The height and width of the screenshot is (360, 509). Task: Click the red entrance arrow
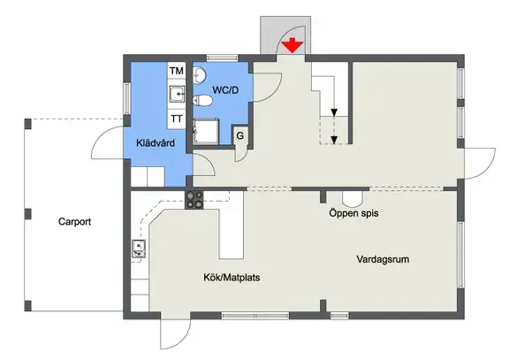click(x=292, y=45)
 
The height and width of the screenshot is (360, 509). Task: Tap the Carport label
click(x=74, y=222)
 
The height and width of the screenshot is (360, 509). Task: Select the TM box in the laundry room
click(x=177, y=71)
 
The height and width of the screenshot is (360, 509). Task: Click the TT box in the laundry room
click(x=177, y=119)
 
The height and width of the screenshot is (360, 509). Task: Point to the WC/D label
click(x=225, y=90)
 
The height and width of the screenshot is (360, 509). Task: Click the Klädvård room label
click(x=156, y=143)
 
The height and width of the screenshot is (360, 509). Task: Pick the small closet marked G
click(x=240, y=135)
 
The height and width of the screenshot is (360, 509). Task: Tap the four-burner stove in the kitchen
click(x=194, y=200)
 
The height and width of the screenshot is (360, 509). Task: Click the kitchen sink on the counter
click(x=139, y=249)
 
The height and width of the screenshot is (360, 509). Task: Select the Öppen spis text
click(x=353, y=213)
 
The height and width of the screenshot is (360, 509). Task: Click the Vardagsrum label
click(x=383, y=259)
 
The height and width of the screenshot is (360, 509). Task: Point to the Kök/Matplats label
click(x=232, y=278)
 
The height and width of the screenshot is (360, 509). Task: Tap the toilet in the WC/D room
click(x=202, y=101)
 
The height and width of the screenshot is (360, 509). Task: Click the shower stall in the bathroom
click(x=206, y=132)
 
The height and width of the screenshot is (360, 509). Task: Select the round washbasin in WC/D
click(x=200, y=75)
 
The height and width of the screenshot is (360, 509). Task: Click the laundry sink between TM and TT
click(x=177, y=95)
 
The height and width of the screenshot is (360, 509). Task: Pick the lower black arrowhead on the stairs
click(x=334, y=140)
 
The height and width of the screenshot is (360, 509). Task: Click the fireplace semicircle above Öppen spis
click(x=352, y=199)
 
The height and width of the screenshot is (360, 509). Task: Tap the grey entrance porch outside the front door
click(x=285, y=35)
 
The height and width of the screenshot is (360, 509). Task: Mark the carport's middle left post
click(x=28, y=214)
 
